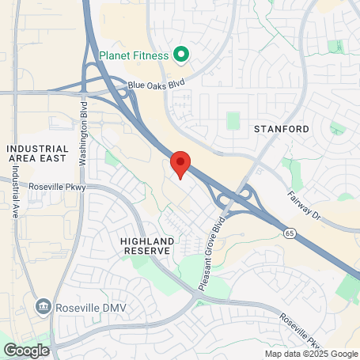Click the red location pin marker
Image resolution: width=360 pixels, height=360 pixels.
coord(180,164)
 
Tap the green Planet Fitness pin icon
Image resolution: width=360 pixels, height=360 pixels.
coord(181,55)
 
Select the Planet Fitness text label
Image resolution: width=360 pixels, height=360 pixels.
coord(135,55)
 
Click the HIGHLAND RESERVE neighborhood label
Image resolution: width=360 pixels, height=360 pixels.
coord(146,244)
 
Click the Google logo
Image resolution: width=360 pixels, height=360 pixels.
coord(26,349)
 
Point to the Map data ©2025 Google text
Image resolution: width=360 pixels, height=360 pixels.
coord(311,354)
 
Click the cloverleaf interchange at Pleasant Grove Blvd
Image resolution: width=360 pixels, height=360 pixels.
coord(233,197)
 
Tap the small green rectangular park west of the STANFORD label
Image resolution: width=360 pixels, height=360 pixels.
coord(233,121)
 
